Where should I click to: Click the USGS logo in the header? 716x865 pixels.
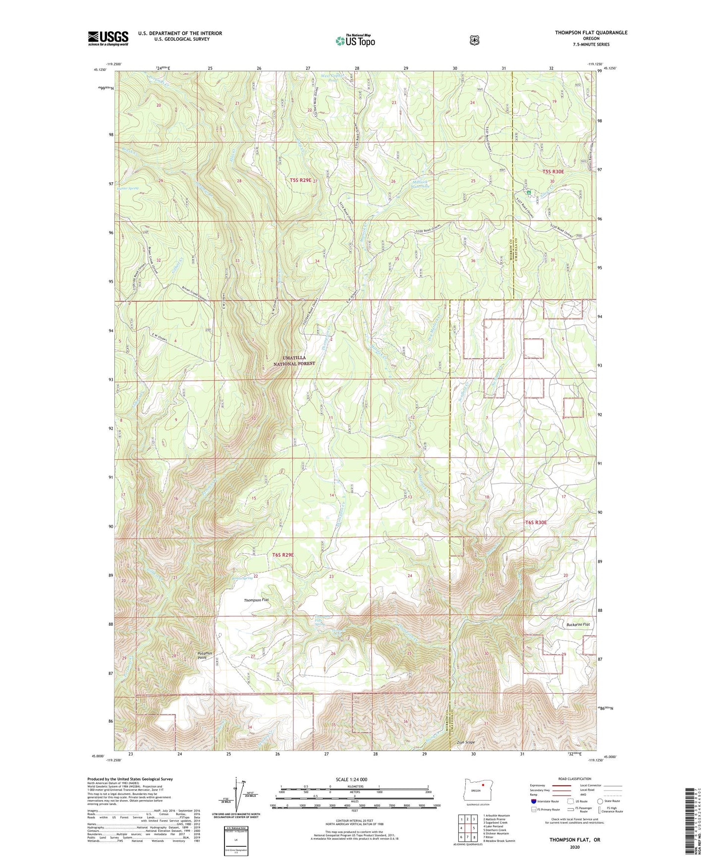(108, 38)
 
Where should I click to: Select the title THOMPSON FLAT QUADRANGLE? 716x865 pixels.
(591, 33)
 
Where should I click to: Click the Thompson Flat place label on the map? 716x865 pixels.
(256, 600)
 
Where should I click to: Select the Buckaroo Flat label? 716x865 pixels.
(578, 624)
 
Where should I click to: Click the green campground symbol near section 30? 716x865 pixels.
(529, 192)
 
